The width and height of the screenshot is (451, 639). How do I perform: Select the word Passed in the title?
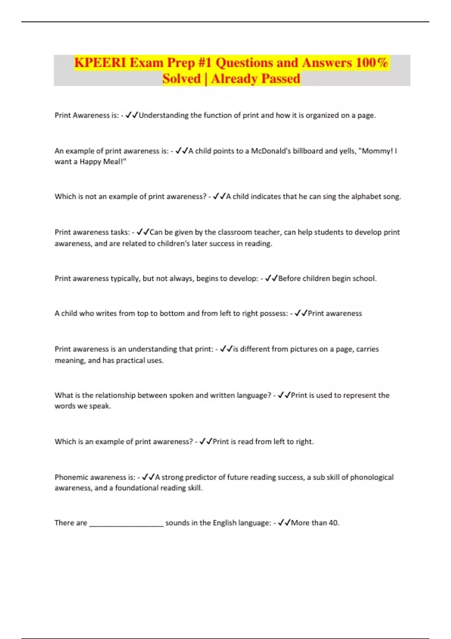tap(280, 79)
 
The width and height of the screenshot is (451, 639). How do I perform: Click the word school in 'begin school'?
tap(363, 278)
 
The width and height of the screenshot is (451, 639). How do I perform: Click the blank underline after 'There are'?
tap(126, 523)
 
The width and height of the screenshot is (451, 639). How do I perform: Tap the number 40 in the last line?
tap(334, 522)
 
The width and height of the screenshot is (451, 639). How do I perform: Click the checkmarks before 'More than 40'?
tap(284, 522)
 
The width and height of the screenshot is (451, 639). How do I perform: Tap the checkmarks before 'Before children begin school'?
tap(271, 278)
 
